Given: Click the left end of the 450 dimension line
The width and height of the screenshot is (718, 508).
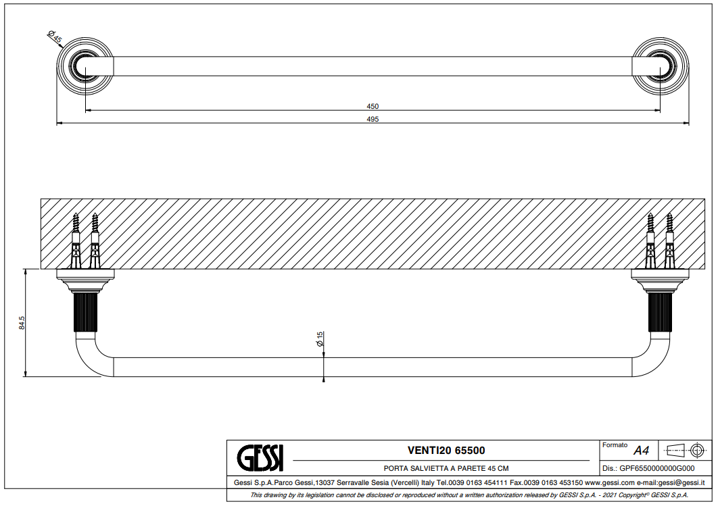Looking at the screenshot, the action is pyautogui.click(x=86, y=110).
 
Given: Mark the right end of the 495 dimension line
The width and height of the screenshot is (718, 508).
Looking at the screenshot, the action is pyautogui.click(x=689, y=123).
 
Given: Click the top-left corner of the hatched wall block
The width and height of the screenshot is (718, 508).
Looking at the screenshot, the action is pyautogui.click(x=41, y=199).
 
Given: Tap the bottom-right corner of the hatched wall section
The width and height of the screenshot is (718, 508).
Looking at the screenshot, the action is pyautogui.click(x=704, y=269).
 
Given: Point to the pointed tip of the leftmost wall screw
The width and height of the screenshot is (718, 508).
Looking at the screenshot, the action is pyautogui.click(x=76, y=213).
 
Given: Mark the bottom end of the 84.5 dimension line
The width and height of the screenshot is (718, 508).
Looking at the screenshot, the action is pyautogui.click(x=26, y=377).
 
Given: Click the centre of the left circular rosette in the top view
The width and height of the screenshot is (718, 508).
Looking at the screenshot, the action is pyautogui.click(x=85, y=67).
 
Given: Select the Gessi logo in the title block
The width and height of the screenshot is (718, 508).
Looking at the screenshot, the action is pyautogui.click(x=260, y=457).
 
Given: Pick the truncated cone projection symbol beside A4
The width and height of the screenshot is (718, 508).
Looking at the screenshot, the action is pyautogui.click(x=675, y=451).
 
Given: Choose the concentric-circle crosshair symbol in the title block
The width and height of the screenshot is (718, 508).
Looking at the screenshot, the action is pyautogui.click(x=697, y=451).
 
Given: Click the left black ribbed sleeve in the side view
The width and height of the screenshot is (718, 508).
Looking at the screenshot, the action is pyautogui.click(x=86, y=313).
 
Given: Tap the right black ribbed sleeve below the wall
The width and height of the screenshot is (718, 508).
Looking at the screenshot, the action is pyautogui.click(x=661, y=313).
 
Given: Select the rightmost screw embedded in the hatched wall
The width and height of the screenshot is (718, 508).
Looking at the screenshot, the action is pyautogui.click(x=669, y=241).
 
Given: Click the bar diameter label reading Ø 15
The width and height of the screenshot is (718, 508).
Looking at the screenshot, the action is pyautogui.click(x=320, y=338).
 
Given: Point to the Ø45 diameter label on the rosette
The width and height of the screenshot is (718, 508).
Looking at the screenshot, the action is pyautogui.click(x=55, y=36).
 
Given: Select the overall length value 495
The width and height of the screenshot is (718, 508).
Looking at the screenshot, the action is pyautogui.click(x=373, y=119).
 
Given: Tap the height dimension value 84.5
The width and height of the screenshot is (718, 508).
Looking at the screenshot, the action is pyautogui.click(x=22, y=323).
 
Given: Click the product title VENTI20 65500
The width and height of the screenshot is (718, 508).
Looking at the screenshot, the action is pyautogui.click(x=446, y=451).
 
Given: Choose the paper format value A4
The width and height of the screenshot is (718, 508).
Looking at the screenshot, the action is pyautogui.click(x=641, y=451).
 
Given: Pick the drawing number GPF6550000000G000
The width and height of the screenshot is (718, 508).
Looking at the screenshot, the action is pyautogui.click(x=656, y=468).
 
